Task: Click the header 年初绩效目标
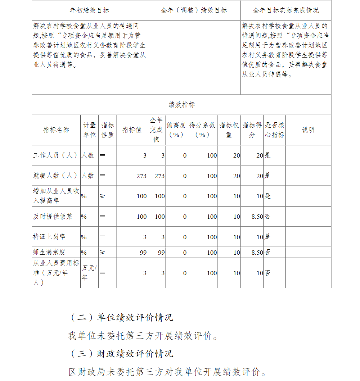click(89, 10)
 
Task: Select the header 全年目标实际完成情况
click(285, 10)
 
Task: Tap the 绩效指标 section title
click(181, 105)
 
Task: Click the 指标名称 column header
click(56, 130)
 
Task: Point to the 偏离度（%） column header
click(176, 130)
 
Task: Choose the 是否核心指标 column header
click(275, 130)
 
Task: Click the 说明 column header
click(308, 130)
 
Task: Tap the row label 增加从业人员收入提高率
click(56, 196)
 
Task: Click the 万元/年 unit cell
click(89, 273)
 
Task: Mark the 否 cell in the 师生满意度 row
click(268, 252)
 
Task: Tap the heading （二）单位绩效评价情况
click(121, 317)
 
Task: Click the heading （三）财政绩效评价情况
click(121, 353)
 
